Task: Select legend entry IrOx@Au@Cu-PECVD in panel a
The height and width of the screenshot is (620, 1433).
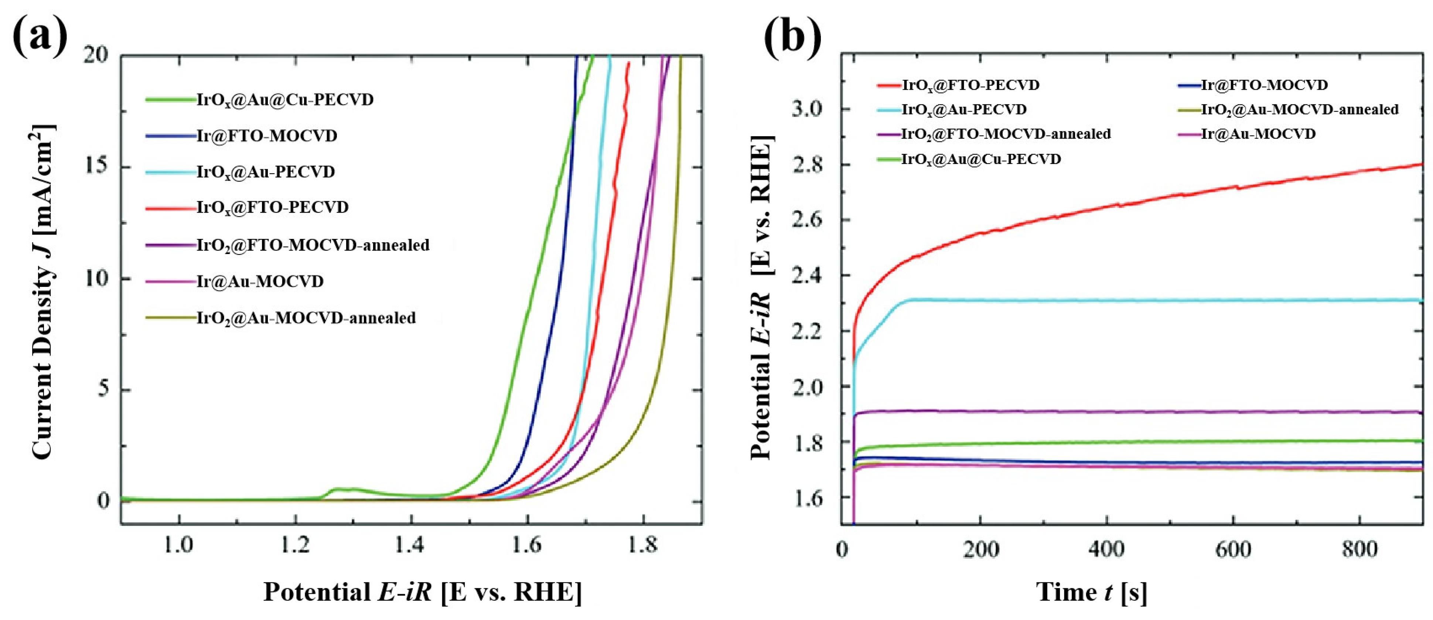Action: click(x=285, y=100)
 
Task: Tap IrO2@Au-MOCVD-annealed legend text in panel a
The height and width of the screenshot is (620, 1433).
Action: click(x=306, y=318)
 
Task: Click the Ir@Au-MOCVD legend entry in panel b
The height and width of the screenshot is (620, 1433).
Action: click(x=1258, y=134)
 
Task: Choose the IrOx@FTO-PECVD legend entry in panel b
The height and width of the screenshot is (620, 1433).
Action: click(x=970, y=85)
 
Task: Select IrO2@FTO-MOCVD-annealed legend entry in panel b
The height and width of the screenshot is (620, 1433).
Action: click(x=1006, y=134)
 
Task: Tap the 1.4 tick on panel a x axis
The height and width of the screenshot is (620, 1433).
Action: click(x=410, y=545)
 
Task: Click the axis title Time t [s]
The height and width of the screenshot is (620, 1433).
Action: click(x=1092, y=592)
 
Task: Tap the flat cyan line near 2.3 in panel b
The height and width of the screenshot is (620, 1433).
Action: click(x=1113, y=300)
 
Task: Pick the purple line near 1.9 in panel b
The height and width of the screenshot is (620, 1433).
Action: click(x=1113, y=412)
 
